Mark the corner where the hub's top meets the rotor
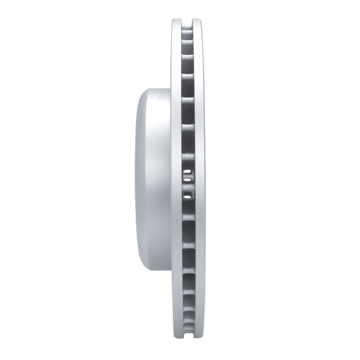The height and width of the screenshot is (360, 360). coord(171,88)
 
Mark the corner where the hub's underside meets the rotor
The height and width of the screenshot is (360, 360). coord(171,272)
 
